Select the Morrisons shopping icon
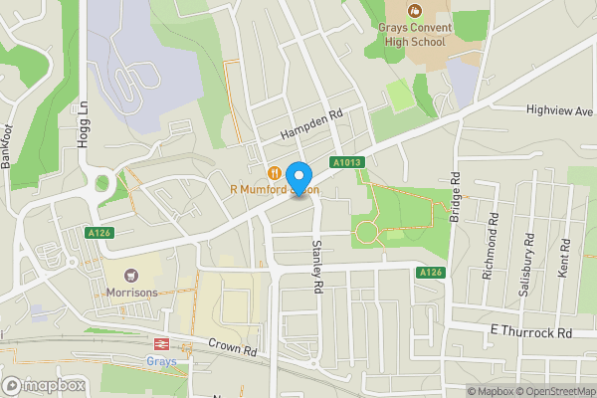(129, 275)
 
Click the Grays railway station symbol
(157, 342)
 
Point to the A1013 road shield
(346, 162)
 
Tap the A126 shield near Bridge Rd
(429, 273)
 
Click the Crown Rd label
(233, 346)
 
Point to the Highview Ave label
(558, 112)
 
